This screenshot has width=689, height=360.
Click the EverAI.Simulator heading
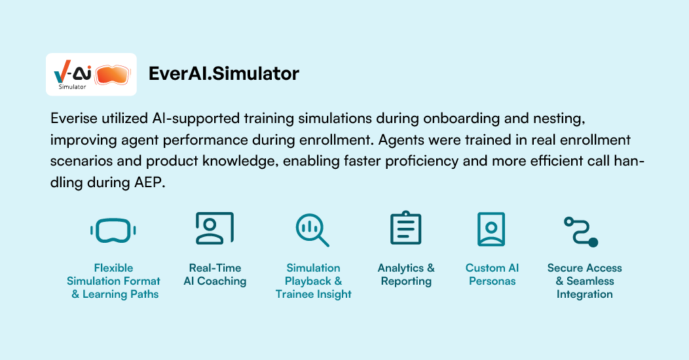[x=223, y=73]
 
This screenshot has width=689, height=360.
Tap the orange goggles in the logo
[x=113, y=74]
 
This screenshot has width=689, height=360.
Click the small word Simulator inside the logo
[x=73, y=87]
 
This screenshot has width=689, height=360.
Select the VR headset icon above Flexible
[x=113, y=230]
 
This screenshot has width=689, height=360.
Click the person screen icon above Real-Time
[x=215, y=228]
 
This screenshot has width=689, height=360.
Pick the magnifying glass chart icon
[x=312, y=230]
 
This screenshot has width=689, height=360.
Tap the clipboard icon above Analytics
[x=405, y=227]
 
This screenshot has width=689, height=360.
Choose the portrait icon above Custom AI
[x=491, y=229]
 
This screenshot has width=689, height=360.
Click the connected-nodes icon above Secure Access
[x=581, y=231]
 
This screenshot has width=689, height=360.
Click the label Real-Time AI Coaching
[x=215, y=274]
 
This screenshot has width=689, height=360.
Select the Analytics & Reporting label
[x=406, y=274]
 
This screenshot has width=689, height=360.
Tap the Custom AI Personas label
[x=492, y=274]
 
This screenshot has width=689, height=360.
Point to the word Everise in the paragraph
[x=74, y=118]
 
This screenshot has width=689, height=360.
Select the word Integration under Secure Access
[x=584, y=294]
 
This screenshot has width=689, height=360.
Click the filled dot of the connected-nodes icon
[x=593, y=242]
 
